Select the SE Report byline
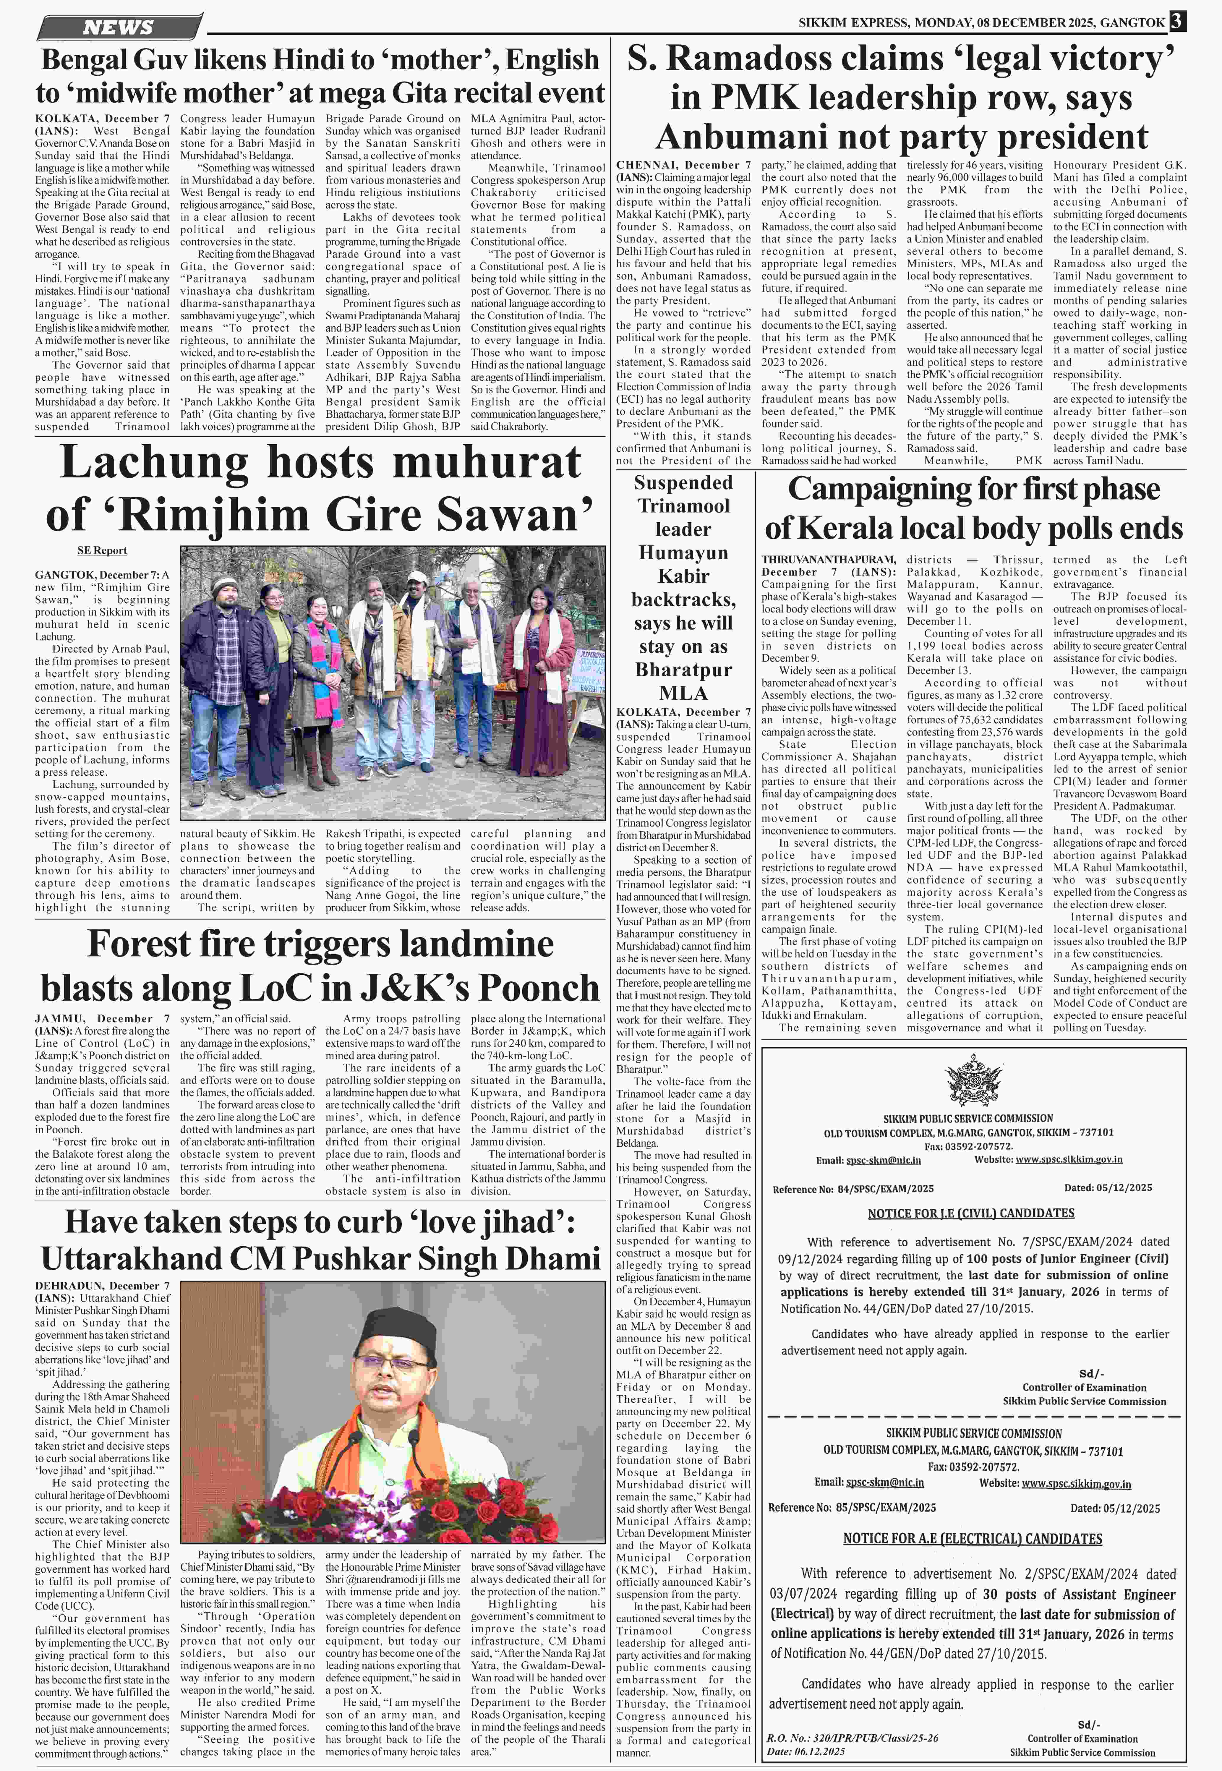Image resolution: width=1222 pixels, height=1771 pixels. coord(102,550)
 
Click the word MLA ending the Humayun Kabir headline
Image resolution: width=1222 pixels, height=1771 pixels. coord(683,693)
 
